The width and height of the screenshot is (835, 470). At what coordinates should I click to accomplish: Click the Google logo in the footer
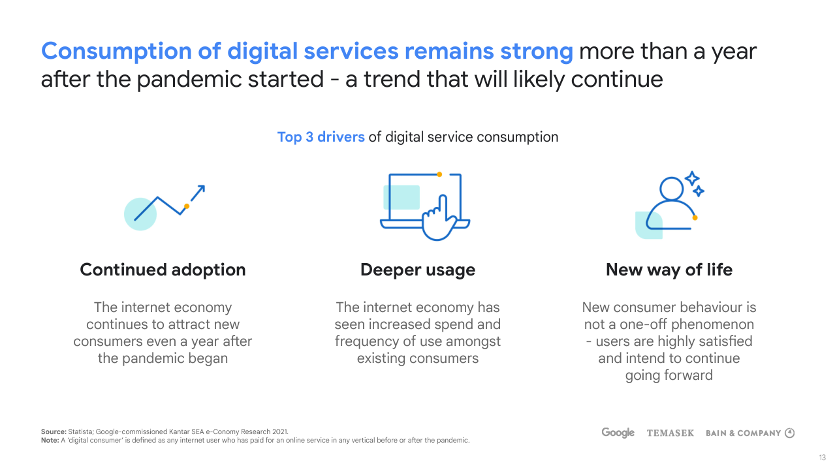618,433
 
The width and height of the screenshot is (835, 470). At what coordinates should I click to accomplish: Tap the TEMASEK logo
670,433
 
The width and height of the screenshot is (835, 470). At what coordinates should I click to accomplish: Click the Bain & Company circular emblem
789,433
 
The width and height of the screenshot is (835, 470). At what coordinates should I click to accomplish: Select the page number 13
823,458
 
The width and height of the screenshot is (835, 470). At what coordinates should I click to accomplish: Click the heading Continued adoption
163,270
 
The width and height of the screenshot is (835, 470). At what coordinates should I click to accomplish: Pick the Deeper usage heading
418,270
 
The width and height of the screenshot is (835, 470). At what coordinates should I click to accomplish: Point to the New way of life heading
669,270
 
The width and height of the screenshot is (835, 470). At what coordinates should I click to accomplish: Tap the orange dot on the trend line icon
187,206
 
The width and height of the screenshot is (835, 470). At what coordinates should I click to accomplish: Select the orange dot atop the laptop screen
439,174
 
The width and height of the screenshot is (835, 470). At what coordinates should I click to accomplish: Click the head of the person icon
671,189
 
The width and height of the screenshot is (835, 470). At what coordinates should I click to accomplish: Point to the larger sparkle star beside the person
692,178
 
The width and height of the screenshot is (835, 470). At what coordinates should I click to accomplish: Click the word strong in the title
537,52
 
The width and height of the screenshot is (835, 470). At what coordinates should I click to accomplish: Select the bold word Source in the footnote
54,431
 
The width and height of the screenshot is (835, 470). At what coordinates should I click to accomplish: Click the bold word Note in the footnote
50,440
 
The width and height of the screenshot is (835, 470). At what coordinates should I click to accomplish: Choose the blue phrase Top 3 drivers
321,137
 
